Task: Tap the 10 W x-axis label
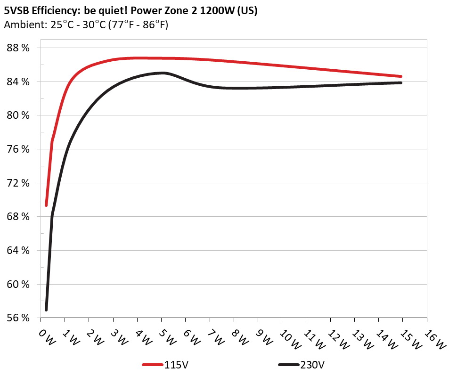[286, 338]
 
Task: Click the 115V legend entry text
[176, 365]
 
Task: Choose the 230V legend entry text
[312, 365]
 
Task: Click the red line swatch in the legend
[153, 365]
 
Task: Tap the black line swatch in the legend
[288, 365]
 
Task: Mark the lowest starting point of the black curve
[46, 310]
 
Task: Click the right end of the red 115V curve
[401, 76]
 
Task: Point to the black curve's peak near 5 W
[163, 73]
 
